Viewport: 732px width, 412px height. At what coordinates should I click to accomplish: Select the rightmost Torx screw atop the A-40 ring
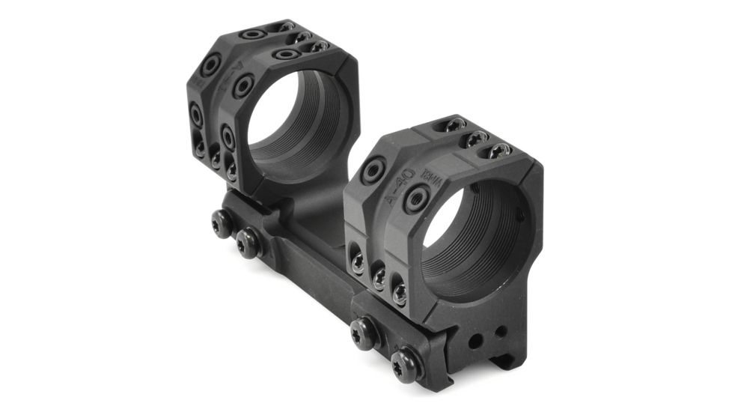tap(497, 152)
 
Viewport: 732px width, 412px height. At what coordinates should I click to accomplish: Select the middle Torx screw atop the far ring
tap(302, 36)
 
